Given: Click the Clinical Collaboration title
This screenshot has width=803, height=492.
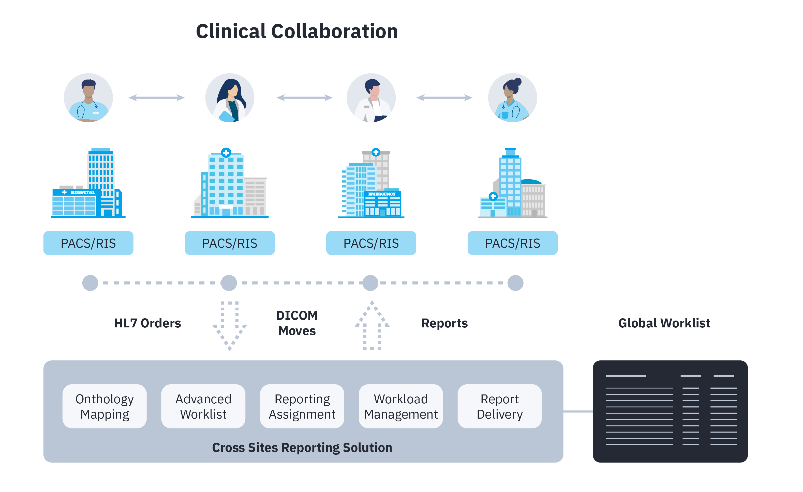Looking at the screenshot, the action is [x=297, y=31].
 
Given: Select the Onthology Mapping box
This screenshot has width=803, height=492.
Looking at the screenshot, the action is [x=105, y=406].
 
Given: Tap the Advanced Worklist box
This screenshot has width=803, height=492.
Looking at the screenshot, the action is [x=203, y=406].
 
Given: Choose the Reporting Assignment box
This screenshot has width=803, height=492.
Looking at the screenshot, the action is [x=302, y=406].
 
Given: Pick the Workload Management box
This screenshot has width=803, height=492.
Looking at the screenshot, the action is [x=401, y=406].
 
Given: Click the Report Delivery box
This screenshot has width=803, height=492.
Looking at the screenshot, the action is [x=500, y=406].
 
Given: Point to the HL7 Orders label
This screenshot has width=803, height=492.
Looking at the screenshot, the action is [x=148, y=323].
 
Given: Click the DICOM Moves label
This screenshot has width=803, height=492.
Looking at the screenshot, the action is [x=297, y=323].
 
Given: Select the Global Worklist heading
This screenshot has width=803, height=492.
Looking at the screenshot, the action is [x=664, y=323].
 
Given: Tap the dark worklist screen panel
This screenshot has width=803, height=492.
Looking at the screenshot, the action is [x=670, y=411].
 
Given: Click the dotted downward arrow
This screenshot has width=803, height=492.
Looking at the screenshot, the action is [x=230, y=326].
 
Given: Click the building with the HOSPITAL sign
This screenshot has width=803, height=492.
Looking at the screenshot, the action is [x=88, y=183].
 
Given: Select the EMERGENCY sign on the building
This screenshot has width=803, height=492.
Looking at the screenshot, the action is [x=382, y=194].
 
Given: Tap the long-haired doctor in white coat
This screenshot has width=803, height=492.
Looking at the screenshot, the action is [x=230, y=98].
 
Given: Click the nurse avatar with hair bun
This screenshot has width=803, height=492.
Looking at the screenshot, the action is [x=513, y=98].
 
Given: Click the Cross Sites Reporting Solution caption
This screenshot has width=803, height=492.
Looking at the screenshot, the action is [x=302, y=448].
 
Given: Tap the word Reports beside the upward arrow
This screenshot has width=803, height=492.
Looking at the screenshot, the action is [x=444, y=323].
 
